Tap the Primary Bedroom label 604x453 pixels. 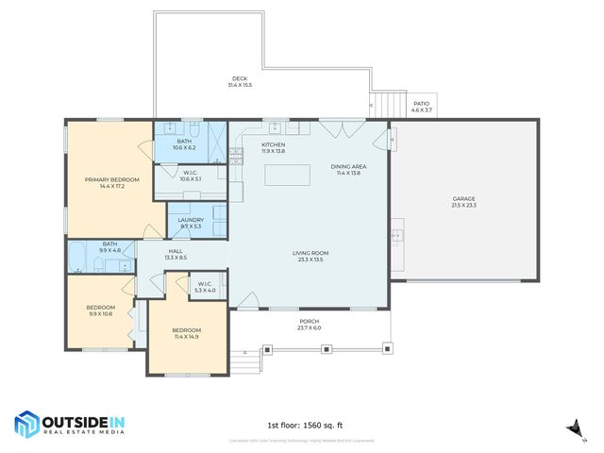[x=112, y=179]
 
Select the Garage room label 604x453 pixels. [x=463, y=199]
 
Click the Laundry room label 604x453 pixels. [x=191, y=220]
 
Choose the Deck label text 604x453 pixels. [x=239, y=78]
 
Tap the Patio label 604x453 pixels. [x=421, y=104]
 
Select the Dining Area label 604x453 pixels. [x=348, y=167]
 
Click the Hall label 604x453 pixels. [x=176, y=251]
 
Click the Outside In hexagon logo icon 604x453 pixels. [x=25, y=425]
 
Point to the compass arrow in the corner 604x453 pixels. [x=571, y=428]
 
